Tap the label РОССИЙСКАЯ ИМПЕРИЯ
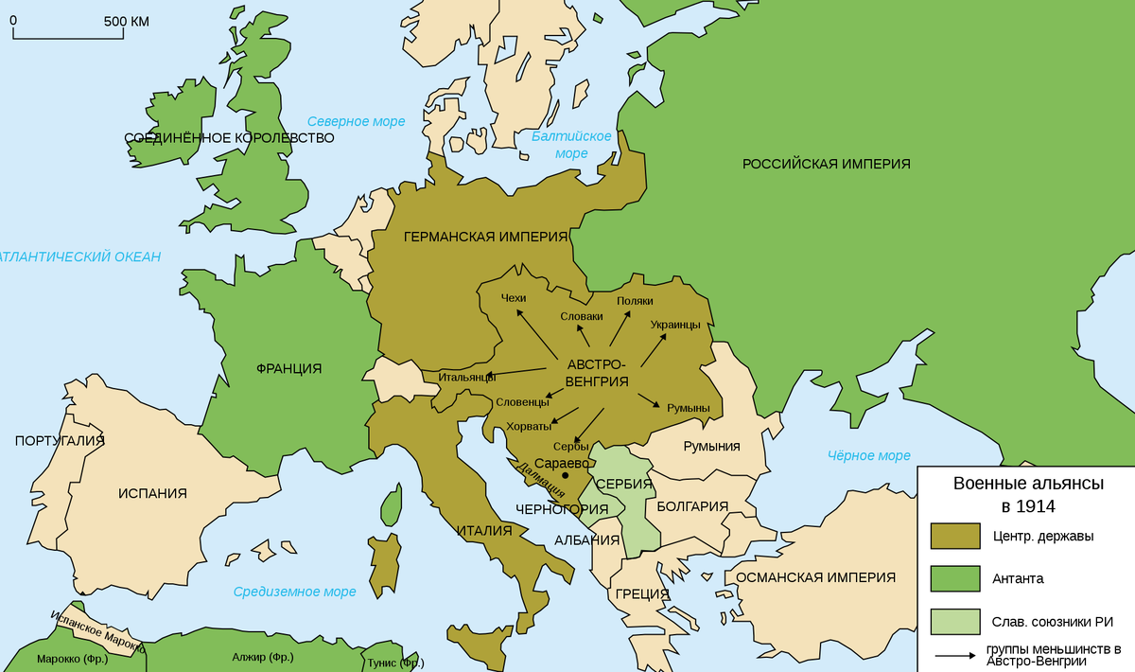point(826,164)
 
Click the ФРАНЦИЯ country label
point(288,368)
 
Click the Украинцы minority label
point(675,325)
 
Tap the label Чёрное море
point(868,455)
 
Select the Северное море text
point(356,121)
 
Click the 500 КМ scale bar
point(68,36)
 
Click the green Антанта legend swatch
point(955,578)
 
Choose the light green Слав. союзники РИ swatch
point(955,621)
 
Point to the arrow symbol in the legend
point(955,654)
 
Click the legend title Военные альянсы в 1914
point(1027,494)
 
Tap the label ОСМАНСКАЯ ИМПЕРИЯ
point(815,577)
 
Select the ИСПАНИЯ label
point(152,493)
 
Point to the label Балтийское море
point(571,145)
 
